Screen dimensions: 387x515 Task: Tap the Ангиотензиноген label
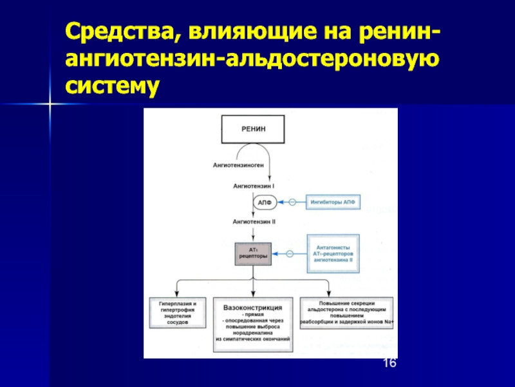(239, 165)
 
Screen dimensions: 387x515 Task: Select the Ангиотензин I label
(254, 186)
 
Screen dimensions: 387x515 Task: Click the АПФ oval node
(265, 203)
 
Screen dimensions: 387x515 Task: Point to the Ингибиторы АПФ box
(332, 203)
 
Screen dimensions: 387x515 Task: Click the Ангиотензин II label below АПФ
(254, 221)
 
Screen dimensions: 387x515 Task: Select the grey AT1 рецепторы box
(254, 252)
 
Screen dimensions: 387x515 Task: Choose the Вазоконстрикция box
(254, 323)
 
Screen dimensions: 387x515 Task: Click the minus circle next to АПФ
(291, 203)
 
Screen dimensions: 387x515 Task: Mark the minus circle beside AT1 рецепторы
(291, 253)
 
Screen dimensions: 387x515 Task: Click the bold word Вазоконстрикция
(254, 306)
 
